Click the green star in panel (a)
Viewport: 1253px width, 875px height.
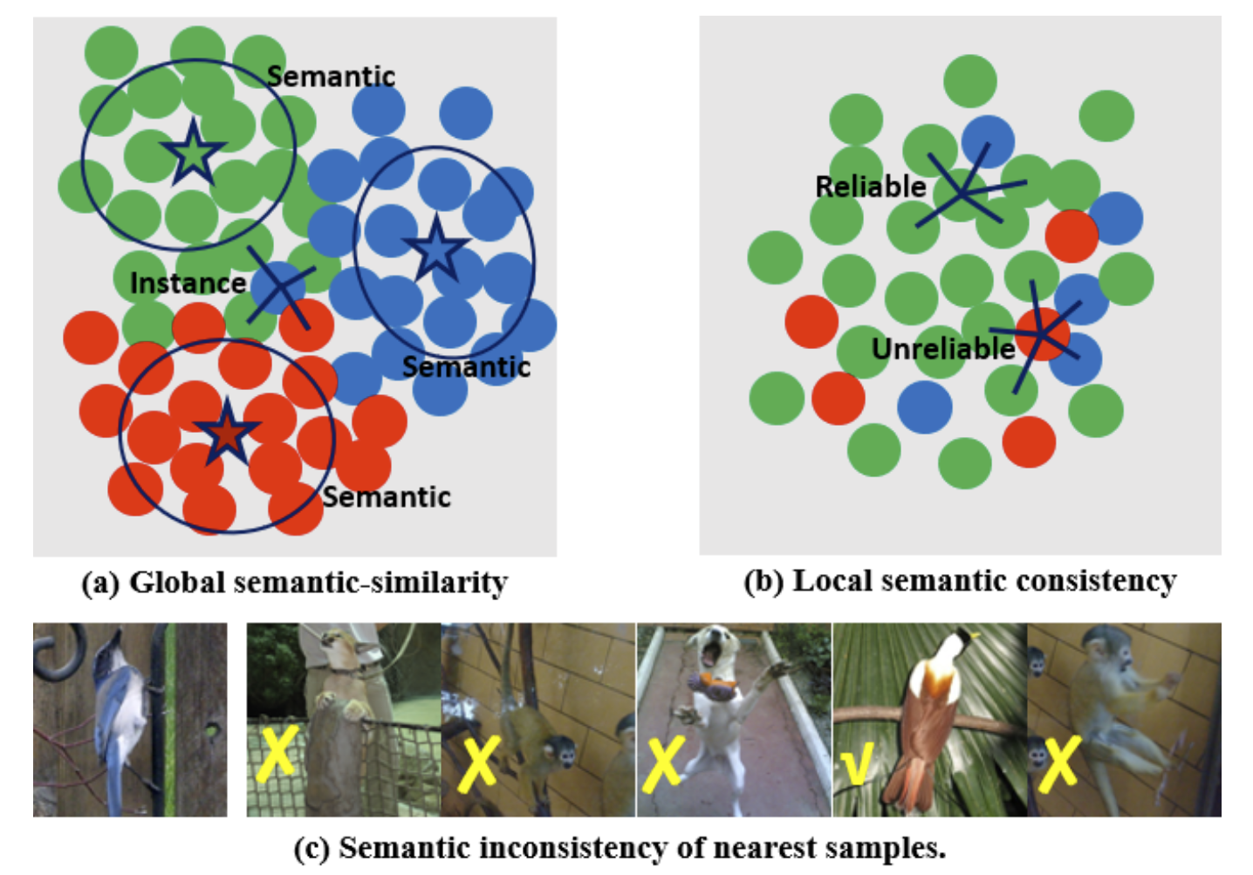pyautogui.click(x=192, y=154)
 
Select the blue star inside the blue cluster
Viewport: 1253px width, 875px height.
pyautogui.click(x=436, y=249)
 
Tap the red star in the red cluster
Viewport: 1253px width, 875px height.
pyautogui.click(x=227, y=431)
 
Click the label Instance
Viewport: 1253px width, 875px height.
pyautogui.click(x=188, y=284)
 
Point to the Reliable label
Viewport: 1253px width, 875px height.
pyautogui.click(x=870, y=187)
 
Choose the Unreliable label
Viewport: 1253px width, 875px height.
pyautogui.click(x=943, y=349)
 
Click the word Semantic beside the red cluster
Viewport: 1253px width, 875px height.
pyautogui.click(x=387, y=497)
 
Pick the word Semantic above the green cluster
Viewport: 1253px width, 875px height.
pyautogui.click(x=331, y=77)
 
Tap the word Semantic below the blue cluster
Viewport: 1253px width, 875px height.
pyautogui.click(x=466, y=367)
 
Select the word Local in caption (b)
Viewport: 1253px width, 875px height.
pyautogui.click(x=829, y=581)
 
